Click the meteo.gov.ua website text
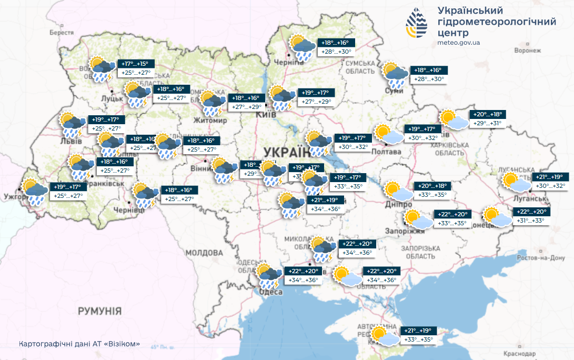click(458, 43)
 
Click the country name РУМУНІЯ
click(100, 311)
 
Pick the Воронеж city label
click(528, 51)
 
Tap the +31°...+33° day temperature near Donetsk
click(530, 221)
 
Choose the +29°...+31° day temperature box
click(488, 123)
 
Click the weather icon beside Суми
click(395, 75)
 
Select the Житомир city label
click(211, 121)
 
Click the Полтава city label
click(386, 152)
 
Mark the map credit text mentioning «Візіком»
click(79, 344)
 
